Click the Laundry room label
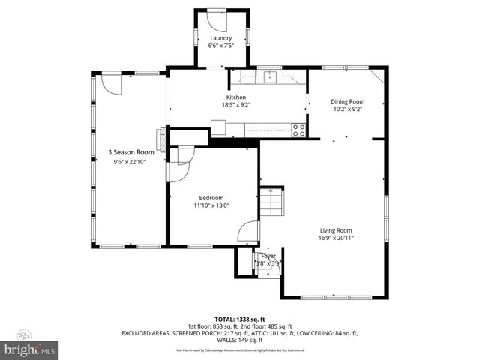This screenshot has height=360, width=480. [x=220, y=38]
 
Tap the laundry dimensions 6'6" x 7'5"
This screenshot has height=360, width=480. [x=220, y=46]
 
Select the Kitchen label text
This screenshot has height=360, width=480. [x=236, y=97]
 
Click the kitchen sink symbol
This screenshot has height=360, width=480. [x=268, y=76]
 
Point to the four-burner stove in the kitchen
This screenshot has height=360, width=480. [x=298, y=128]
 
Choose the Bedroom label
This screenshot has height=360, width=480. [x=211, y=198]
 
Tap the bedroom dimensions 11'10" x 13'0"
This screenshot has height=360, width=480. [x=211, y=205]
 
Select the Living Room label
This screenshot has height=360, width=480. [x=336, y=230]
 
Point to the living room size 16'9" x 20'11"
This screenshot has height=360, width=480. [x=336, y=238]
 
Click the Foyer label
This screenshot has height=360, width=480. [x=268, y=256]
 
